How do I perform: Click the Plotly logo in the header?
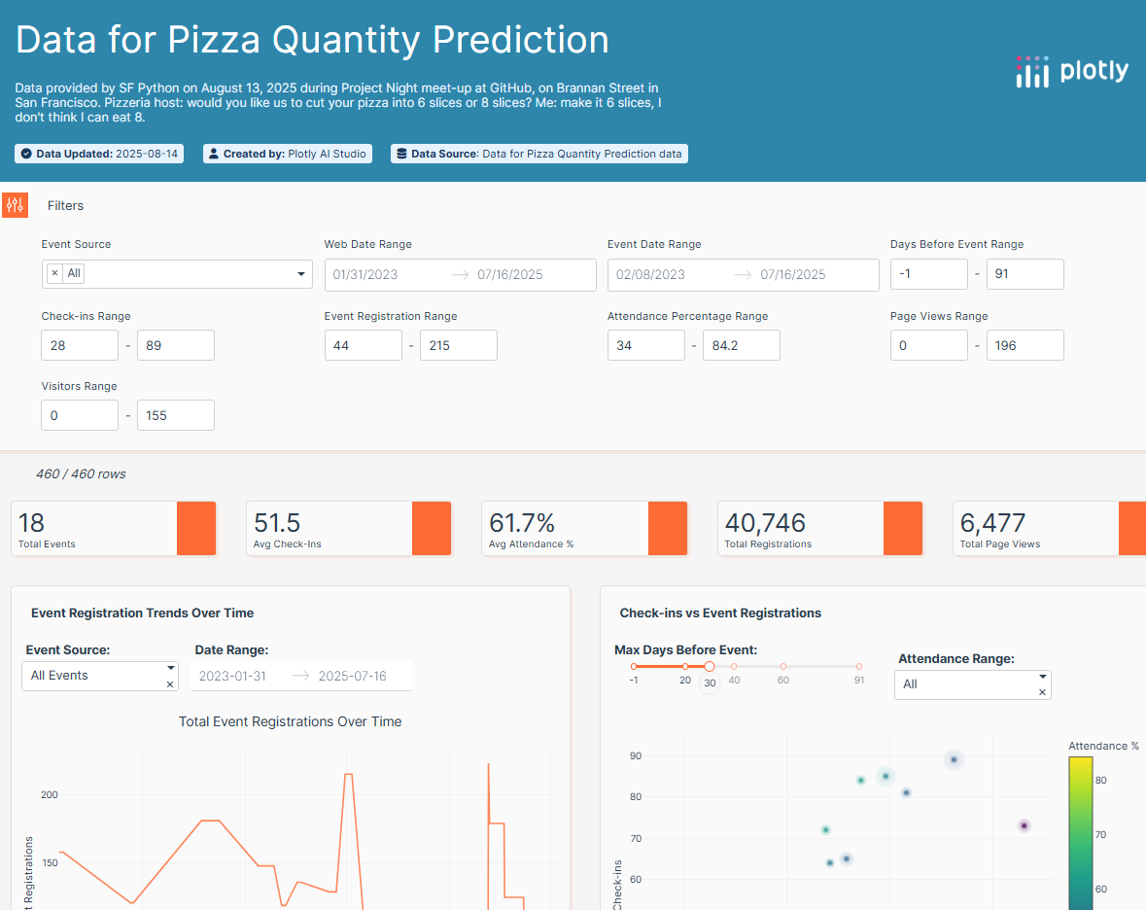pos(1072,71)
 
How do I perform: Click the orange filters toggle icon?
pos(15,205)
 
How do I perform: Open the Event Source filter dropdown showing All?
pos(177,274)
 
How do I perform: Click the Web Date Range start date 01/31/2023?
pos(365,275)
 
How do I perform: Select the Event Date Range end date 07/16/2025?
pos(793,275)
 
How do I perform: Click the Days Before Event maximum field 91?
pos(1024,274)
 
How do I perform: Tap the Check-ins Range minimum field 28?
pos(79,345)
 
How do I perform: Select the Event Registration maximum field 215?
pos(458,345)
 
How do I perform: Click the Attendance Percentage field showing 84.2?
pos(741,345)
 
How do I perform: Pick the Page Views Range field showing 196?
pos(1024,345)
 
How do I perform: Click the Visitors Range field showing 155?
pos(175,415)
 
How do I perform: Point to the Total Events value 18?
pos(32,523)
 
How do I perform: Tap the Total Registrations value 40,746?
pos(765,523)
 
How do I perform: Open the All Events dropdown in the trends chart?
pos(99,676)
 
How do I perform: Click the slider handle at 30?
pos(710,666)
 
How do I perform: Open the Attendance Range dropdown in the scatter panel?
pos(972,684)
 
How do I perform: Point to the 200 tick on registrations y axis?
pos(49,794)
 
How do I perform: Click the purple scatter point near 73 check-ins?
pos(1024,825)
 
